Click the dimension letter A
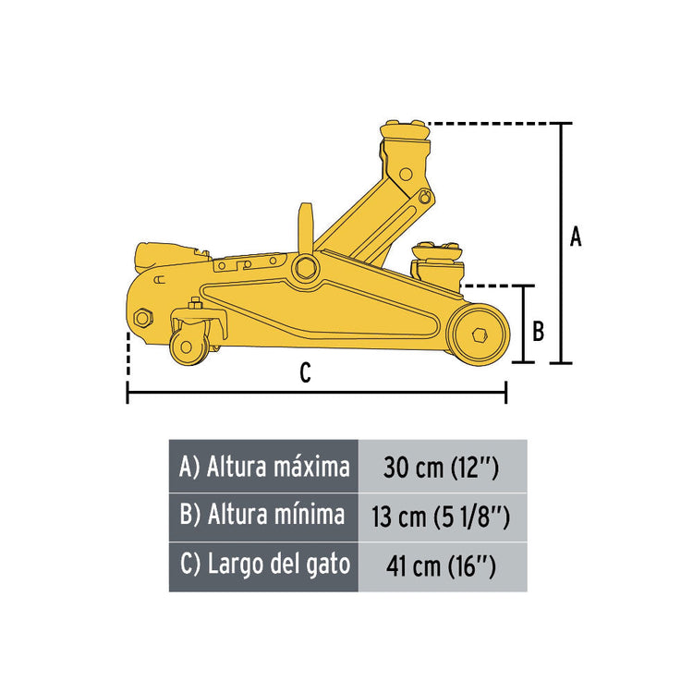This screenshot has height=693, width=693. click(x=576, y=237)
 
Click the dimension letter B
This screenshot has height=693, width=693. click(x=538, y=331)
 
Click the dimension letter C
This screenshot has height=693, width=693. click(x=306, y=373)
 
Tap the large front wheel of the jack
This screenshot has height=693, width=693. click(x=479, y=334)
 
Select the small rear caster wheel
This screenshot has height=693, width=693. click(x=188, y=346)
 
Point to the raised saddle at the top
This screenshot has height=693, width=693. click(x=405, y=131)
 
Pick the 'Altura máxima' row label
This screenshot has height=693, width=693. click(x=264, y=467)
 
